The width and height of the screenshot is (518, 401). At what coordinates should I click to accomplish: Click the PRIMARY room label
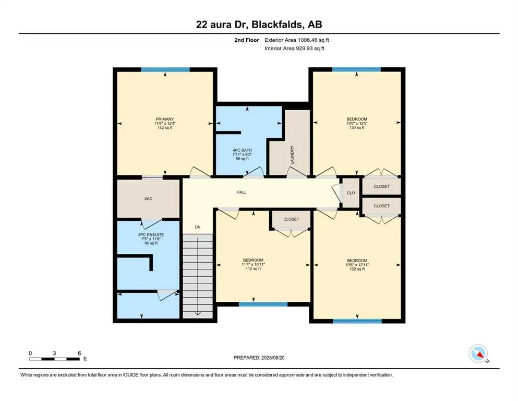tap(164, 119)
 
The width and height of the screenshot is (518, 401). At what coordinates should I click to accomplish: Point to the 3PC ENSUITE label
tap(151, 235)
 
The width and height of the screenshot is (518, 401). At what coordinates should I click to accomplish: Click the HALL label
tap(241, 192)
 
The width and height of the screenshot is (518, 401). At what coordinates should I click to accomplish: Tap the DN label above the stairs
tap(197, 227)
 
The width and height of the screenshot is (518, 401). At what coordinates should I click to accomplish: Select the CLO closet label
tap(351, 193)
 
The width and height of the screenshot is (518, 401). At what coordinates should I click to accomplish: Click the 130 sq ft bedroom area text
tap(357, 128)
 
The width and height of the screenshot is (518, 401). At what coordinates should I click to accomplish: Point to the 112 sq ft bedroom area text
tap(253, 270)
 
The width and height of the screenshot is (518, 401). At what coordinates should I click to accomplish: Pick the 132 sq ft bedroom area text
tap(357, 270)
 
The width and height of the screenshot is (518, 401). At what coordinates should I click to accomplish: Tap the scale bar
tap(54, 359)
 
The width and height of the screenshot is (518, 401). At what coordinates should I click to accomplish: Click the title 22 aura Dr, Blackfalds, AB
tap(259, 25)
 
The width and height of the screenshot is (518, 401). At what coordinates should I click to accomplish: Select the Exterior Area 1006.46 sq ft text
tap(297, 40)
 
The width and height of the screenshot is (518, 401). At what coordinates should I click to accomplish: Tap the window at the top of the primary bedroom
tap(165, 69)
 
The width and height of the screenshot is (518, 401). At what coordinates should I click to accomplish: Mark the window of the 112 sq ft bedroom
tap(263, 304)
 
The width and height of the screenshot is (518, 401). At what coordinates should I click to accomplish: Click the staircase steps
tap(198, 274)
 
